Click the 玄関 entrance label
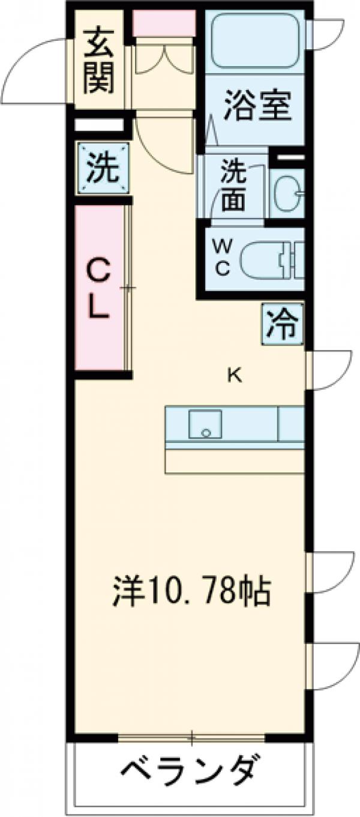(x=99, y=61)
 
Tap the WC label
(x=223, y=257)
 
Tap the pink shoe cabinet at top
(x=164, y=23)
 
